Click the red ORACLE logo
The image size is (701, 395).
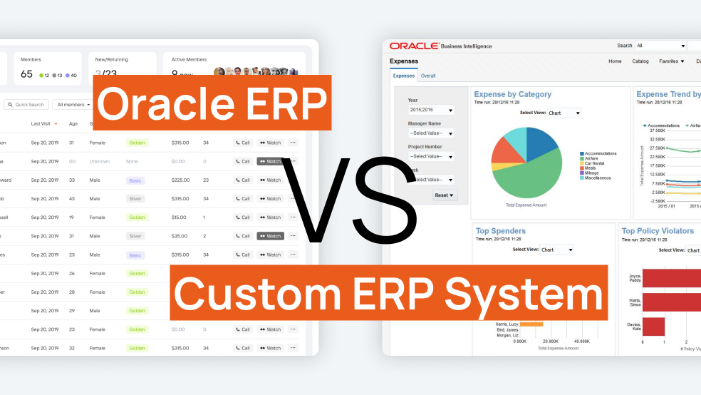coord(413,46)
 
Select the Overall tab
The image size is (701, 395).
coord(428,76)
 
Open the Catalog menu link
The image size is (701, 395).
coord(640,61)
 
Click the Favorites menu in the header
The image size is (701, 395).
coord(671,61)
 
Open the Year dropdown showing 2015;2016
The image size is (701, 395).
coord(431,111)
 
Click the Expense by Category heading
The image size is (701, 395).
coord(513,94)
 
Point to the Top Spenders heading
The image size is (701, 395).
coord(501,231)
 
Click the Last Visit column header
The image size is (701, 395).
coord(41,123)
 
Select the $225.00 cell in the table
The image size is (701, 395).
coord(180,180)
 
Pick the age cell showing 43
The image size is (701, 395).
coord(72,199)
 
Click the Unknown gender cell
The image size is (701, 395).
coord(100,161)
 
